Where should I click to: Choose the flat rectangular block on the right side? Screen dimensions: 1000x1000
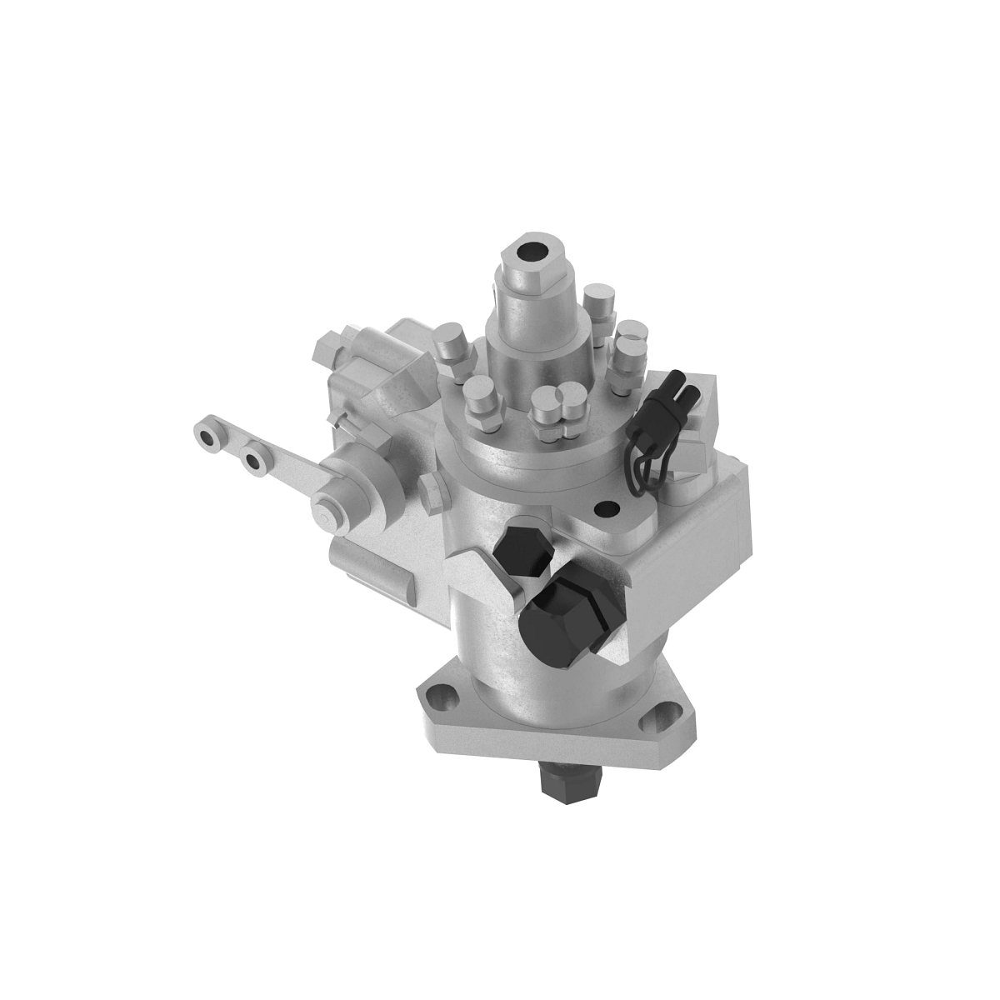(x=692, y=542)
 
